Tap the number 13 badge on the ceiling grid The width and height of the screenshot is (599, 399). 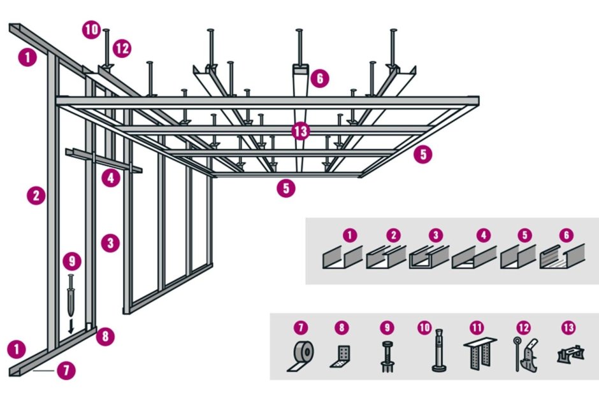301,132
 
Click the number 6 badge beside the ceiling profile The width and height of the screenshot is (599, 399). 319,78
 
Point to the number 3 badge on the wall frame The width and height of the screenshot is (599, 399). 110,243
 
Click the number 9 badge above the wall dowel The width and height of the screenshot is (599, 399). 73,261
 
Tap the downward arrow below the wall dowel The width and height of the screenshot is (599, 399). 71,325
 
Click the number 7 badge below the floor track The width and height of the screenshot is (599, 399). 66,370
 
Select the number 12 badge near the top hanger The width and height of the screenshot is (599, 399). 122,48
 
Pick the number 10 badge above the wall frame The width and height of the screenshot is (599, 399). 92,29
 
